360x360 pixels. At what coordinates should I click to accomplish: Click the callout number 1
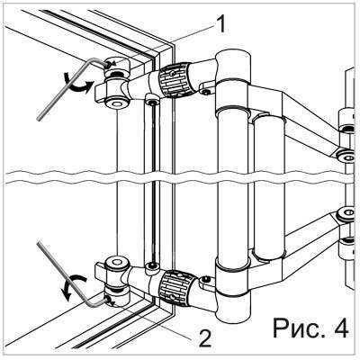[x=220, y=25]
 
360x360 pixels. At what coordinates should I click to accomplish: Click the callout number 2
[x=204, y=338]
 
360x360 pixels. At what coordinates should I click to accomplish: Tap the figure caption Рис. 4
[x=310, y=328]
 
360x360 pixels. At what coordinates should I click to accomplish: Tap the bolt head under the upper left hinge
[x=115, y=103]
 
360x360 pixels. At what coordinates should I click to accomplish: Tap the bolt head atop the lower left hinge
[x=115, y=263]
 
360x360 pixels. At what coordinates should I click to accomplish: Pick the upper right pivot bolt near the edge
[x=348, y=157]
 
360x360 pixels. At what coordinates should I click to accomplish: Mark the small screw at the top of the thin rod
[x=152, y=103]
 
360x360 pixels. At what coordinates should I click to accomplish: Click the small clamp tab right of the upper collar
[x=206, y=87]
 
